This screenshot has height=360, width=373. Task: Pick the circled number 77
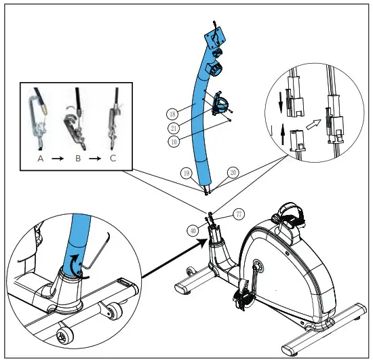point(239,214)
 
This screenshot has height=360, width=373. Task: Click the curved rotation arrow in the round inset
point(75,264)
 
